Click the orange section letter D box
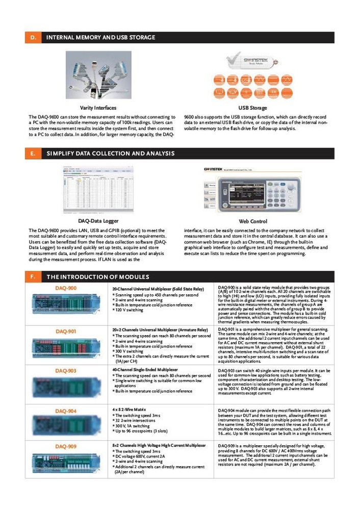tap(33, 37)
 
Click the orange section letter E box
tap(33, 154)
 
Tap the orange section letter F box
tap(33, 276)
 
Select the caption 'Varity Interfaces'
tap(98, 108)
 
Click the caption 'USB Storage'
tap(252, 108)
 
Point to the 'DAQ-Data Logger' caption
tap(98, 221)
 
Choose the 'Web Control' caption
tap(252, 221)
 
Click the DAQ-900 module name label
tap(66, 288)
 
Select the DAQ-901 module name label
tap(66, 331)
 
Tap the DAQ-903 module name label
tap(66, 371)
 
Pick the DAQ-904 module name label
tap(66, 411)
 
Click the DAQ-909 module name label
tap(66, 446)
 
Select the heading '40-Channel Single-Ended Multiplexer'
tap(145, 369)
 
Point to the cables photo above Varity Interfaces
tap(98, 74)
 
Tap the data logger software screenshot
tap(98, 189)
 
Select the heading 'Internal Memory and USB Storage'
tap(100, 37)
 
